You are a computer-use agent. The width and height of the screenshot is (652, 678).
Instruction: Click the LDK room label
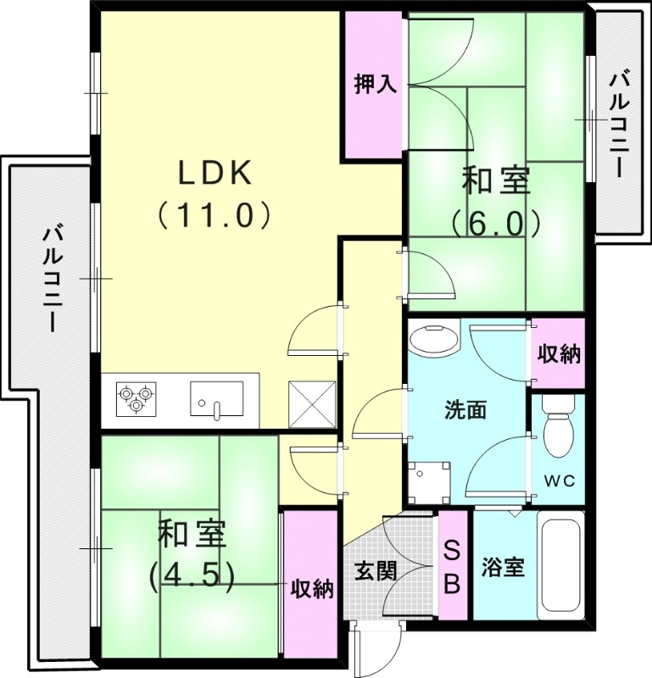(215, 173)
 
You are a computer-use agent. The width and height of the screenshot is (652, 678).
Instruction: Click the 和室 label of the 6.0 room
(496, 181)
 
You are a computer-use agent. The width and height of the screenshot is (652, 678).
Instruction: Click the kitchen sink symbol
(216, 399)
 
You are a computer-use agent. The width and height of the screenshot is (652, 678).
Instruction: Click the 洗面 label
(465, 410)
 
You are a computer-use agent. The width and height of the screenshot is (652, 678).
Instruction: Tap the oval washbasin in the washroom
(433, 342)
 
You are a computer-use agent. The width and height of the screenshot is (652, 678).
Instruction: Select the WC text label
(559, 481)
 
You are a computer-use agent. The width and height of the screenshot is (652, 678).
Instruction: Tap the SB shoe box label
(453, 565)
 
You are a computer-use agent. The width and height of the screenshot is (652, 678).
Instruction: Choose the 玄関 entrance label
(375, 570)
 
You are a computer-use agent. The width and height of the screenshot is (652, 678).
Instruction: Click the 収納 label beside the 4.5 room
(311, 588)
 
